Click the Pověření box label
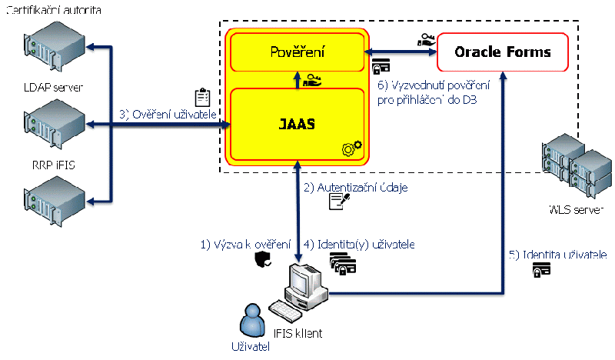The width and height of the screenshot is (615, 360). click(x=297, y=52)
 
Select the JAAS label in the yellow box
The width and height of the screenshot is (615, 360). click(x=297, y=122)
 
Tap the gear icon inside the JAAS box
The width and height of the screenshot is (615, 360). click(x=350, y=147)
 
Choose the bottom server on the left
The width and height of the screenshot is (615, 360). click(x=54, y=197)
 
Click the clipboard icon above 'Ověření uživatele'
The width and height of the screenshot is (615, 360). click(x=202, y=98)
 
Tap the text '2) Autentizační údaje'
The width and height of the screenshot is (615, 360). click(x=356, y=187)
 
